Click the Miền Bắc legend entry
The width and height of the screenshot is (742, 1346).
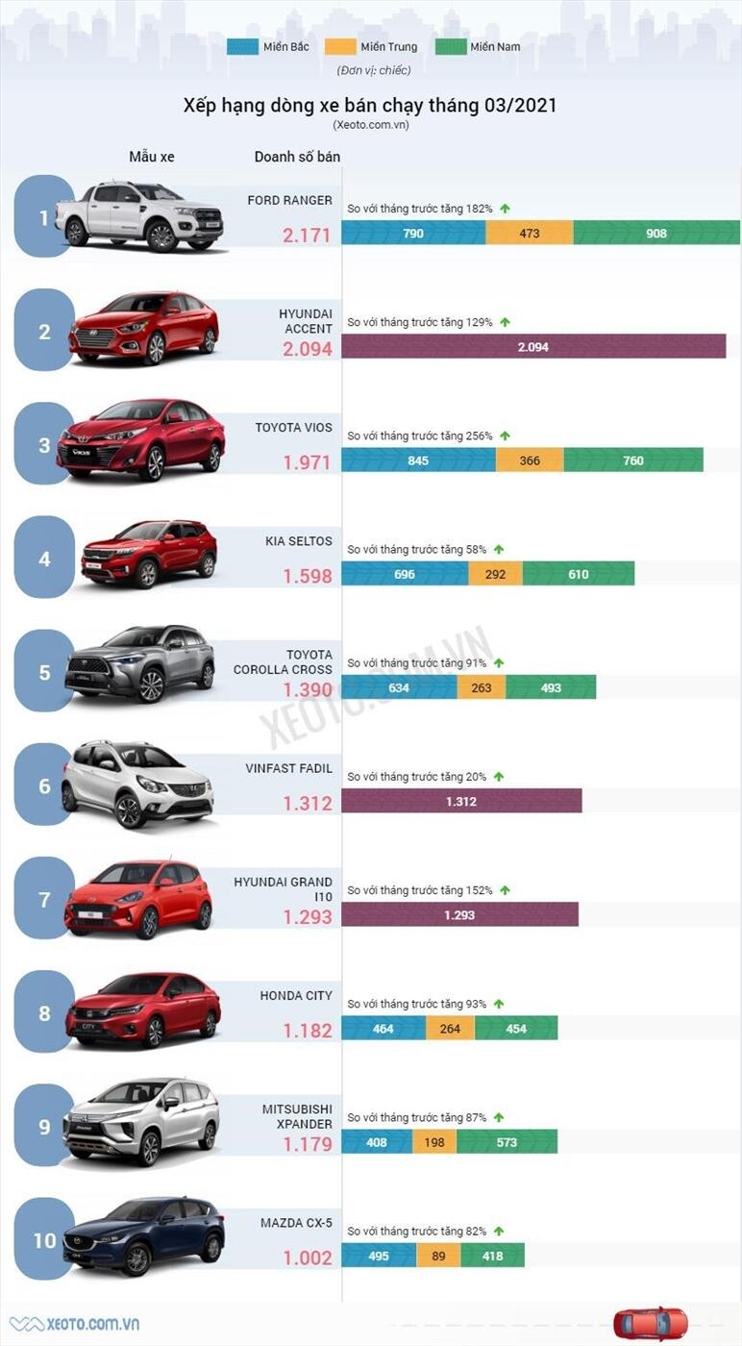tap(268, 46)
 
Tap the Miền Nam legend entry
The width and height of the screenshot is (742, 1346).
tap(480, 46)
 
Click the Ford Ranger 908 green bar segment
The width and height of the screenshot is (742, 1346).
tap(656, 233)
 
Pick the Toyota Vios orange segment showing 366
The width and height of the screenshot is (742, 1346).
tap(530, 461)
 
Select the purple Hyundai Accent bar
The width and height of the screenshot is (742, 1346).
tap(533, 347)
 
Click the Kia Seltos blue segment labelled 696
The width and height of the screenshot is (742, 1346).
tap(405, 574)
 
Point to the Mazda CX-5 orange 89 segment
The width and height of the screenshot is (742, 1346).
tap(438, 1256)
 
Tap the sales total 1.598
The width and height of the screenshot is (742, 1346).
tap(308, 576)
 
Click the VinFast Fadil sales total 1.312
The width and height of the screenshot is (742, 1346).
tap(308, 803)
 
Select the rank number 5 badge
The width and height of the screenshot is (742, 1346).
tap(44, 672)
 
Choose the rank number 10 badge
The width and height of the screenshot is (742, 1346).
tap(44, 1240)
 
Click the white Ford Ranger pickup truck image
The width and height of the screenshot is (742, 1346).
tap(139, 216)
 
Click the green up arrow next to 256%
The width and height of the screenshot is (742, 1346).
tap(505, 436)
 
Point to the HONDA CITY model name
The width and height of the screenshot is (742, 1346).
tap(296, 995)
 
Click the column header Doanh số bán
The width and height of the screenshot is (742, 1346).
tap(297, 157)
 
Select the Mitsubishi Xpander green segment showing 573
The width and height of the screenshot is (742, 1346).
tap(507, 1142)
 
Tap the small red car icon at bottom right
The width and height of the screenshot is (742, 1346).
tap(651, 1324)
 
